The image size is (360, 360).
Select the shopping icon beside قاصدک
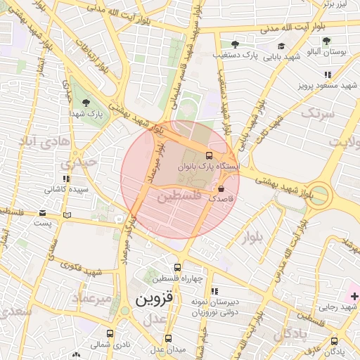(x=222, y=188)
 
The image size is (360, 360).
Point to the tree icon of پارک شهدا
(x=86, y=102)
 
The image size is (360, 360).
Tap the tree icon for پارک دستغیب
(x=234, y=44)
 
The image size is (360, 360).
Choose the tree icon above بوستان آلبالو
(x=326, y=40)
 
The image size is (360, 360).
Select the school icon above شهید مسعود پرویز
(x=328, y=74)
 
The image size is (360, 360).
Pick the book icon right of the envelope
(x=67, y=215)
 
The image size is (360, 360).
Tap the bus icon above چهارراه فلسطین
(x=177, y=267)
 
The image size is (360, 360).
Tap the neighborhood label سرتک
(x=314, y=112)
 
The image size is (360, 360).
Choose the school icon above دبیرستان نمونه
(x=214, y=290)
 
